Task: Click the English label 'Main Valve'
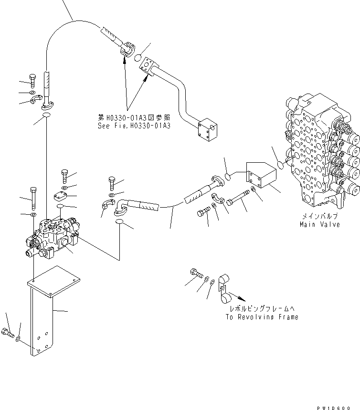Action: click(319, 224)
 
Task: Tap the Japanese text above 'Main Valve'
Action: click(319, 216)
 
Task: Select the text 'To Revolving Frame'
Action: click(262, 317)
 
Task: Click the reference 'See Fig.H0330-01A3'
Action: click(134, 126)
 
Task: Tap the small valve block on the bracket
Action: click(51, 234)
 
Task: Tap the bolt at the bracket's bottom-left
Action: click(9, 333)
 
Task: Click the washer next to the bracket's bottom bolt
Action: click(18, 339)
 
